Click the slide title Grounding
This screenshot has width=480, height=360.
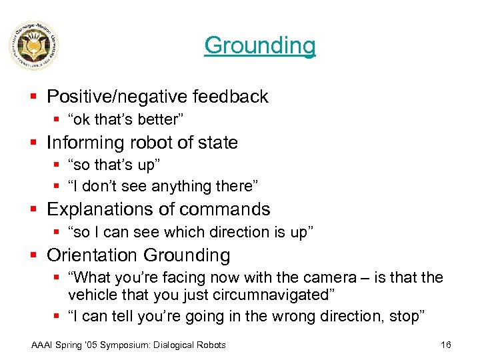click(259, 45)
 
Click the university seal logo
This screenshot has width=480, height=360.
click(34, 45)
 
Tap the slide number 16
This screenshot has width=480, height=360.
click(446, 345)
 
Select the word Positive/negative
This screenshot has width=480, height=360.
click(117, 97)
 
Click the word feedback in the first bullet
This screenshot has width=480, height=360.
click(230, 97)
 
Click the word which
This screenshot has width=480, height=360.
click(173, 232)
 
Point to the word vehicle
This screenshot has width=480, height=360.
click(90, 294)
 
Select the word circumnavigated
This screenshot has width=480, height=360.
click(263, 294)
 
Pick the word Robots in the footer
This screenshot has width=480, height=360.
click(210, 345)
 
